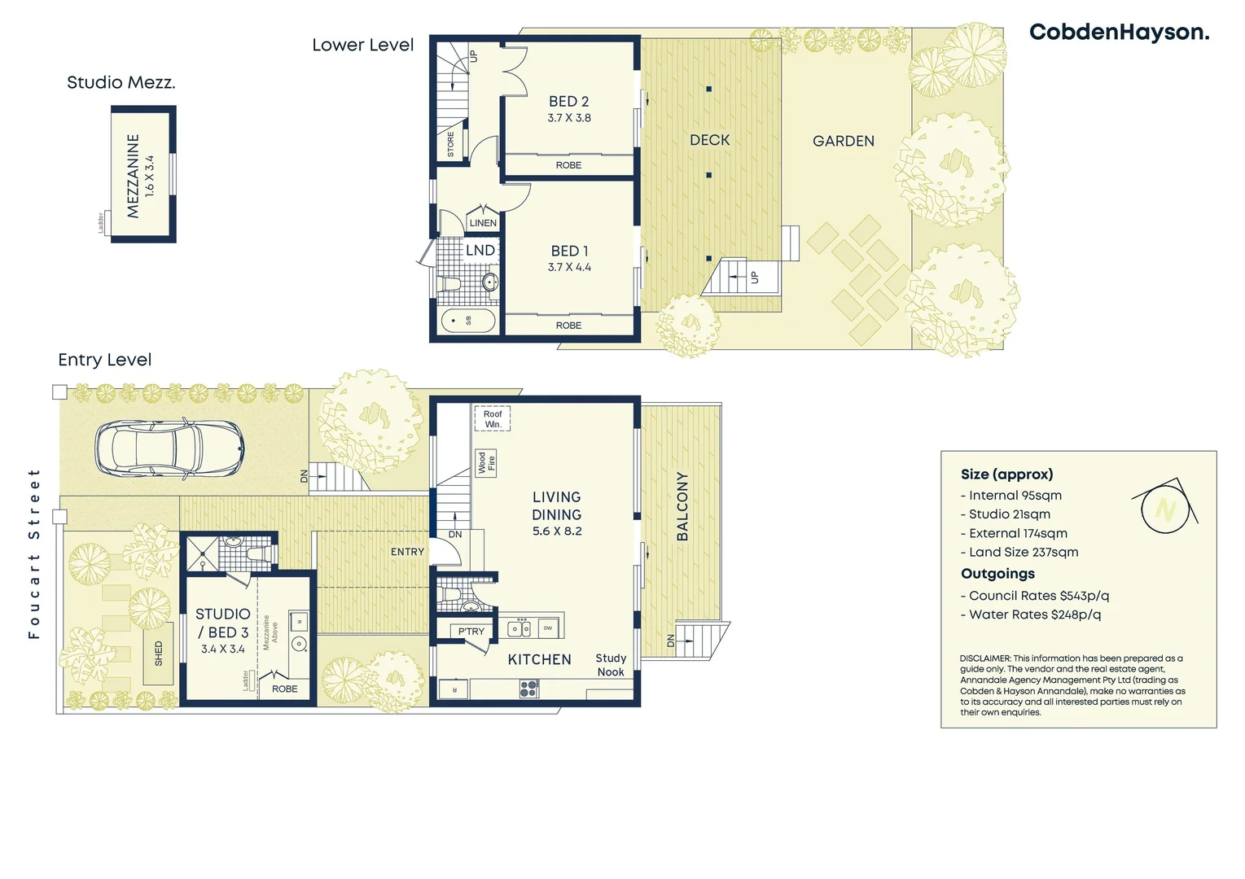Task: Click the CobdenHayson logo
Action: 1119,33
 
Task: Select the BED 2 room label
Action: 568,102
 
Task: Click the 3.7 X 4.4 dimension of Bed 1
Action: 569,268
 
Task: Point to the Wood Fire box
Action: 486,463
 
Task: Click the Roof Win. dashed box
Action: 493,419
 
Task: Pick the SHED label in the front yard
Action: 159,654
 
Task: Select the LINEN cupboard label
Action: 483,223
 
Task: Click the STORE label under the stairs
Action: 451,145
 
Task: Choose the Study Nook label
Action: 611,665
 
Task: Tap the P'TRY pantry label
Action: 471,632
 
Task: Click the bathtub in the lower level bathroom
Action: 468,321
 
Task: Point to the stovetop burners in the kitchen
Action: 528,689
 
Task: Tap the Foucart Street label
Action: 34,553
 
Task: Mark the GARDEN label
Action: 844,142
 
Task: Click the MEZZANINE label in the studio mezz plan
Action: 134,176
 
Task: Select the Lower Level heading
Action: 363,46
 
